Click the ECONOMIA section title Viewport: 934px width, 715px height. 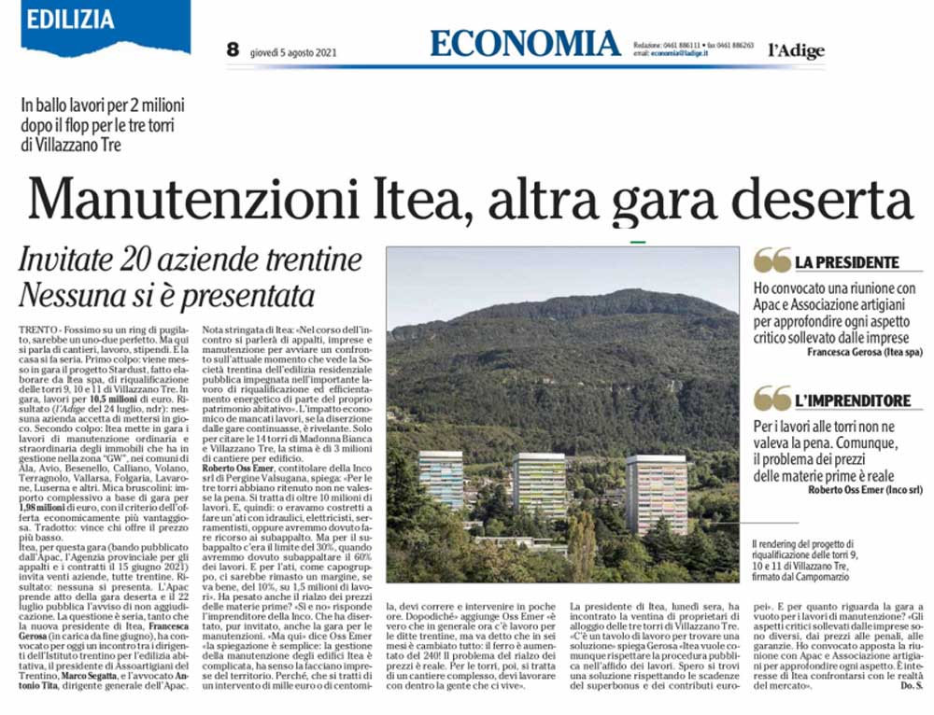[526, 44]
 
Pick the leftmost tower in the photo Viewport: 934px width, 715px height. [441, 478]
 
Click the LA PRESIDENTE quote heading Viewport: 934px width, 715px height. [846, 262]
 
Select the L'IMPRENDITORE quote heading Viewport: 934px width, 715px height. [852, 400]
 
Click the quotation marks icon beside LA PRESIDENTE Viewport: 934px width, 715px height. [771, 260]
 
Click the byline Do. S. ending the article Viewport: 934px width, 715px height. [913, 687]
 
